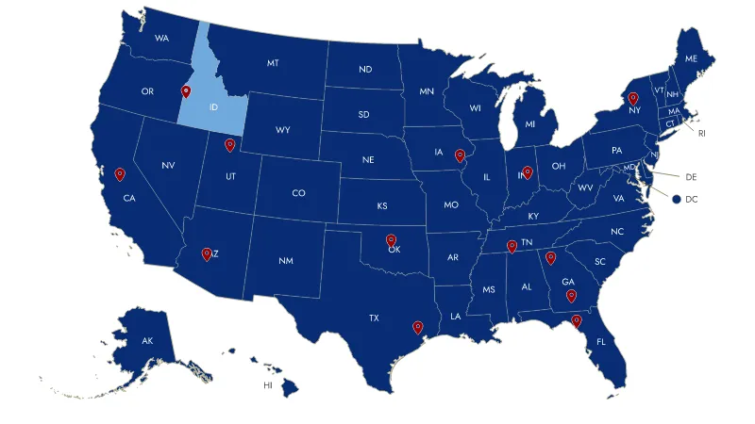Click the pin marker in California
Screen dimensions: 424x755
[120, 173]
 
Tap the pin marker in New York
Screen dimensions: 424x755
[633, 98]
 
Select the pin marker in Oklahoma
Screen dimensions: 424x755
[391, 240]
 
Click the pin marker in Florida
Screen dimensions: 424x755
[577, 321]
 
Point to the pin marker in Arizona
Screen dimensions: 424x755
[207, 253]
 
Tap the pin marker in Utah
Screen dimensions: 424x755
[229, 144]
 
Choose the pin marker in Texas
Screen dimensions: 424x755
[417, 327]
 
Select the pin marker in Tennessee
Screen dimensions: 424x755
[512, 246]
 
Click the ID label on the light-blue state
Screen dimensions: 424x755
[213, 107]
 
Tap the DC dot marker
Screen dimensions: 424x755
[677, 199]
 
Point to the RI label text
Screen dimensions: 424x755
[701, 134]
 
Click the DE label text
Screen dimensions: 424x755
[690, 176]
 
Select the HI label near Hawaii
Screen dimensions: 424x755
[268, 385]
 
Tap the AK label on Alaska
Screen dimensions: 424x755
[147, 340]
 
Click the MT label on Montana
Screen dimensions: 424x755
[273, 63]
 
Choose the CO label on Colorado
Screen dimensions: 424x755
[298, 193]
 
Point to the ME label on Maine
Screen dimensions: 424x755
[691, 58]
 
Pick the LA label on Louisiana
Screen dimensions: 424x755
[456, 317]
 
